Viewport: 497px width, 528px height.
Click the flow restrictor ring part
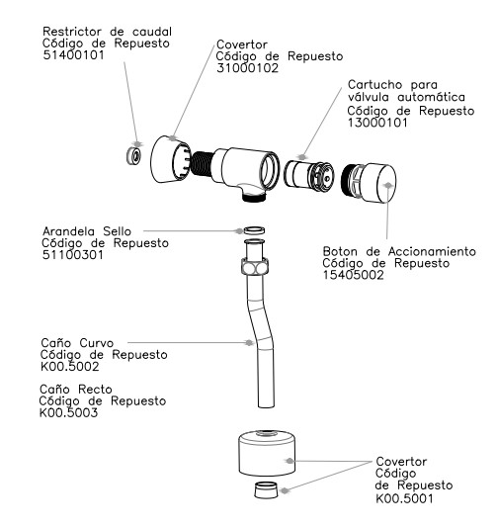[134, 155]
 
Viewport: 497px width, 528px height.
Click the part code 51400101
[74, 55]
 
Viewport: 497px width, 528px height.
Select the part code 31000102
[248, 68]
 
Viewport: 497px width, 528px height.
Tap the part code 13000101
[377, 123]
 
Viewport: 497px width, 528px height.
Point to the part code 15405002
[354, 275]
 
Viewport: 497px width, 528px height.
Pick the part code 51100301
[73, 255]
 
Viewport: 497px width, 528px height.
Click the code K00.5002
[69, 367]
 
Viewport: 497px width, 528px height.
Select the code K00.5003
[68, 413]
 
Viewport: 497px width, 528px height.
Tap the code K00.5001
[404, 498]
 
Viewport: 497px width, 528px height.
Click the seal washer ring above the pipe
[254, 231]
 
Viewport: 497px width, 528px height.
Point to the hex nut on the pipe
[255, 266]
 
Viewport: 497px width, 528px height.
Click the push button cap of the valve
[369, 183]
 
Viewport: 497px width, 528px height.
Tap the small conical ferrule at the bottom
[266, 490]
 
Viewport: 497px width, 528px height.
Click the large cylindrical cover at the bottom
[267, 453]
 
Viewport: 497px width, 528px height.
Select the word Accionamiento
[432, 251]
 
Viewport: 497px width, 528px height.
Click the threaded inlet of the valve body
[202, 164]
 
